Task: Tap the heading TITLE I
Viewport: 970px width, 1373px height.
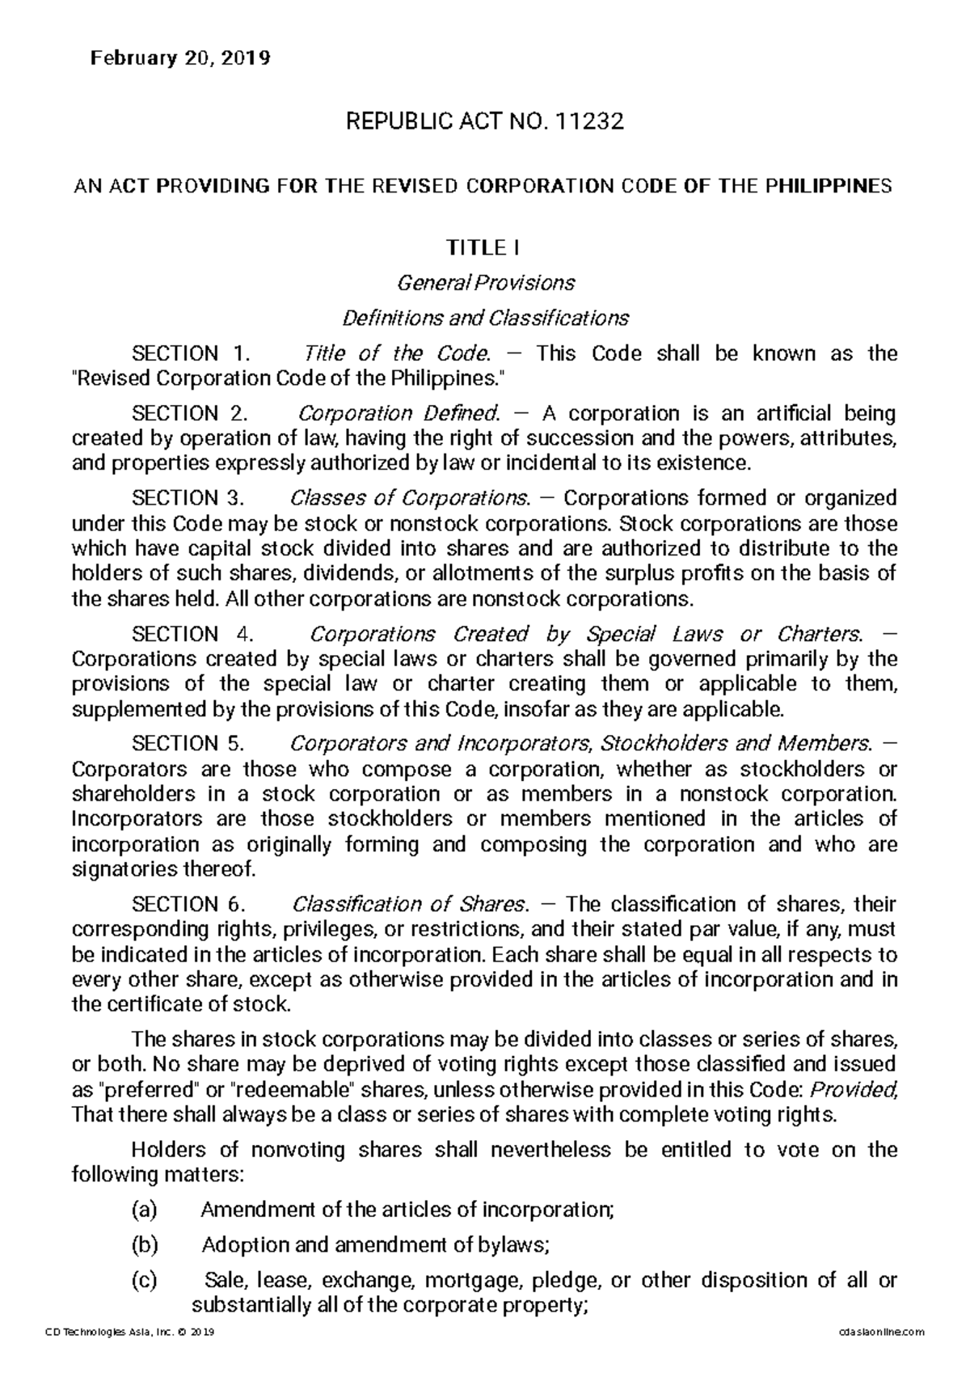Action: tap(485, 247)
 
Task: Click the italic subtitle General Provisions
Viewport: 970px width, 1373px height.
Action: tap(485, 283)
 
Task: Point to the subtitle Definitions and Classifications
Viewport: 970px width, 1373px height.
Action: tap(485, 318)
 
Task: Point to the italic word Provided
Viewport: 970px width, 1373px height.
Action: tap(858, 1089)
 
